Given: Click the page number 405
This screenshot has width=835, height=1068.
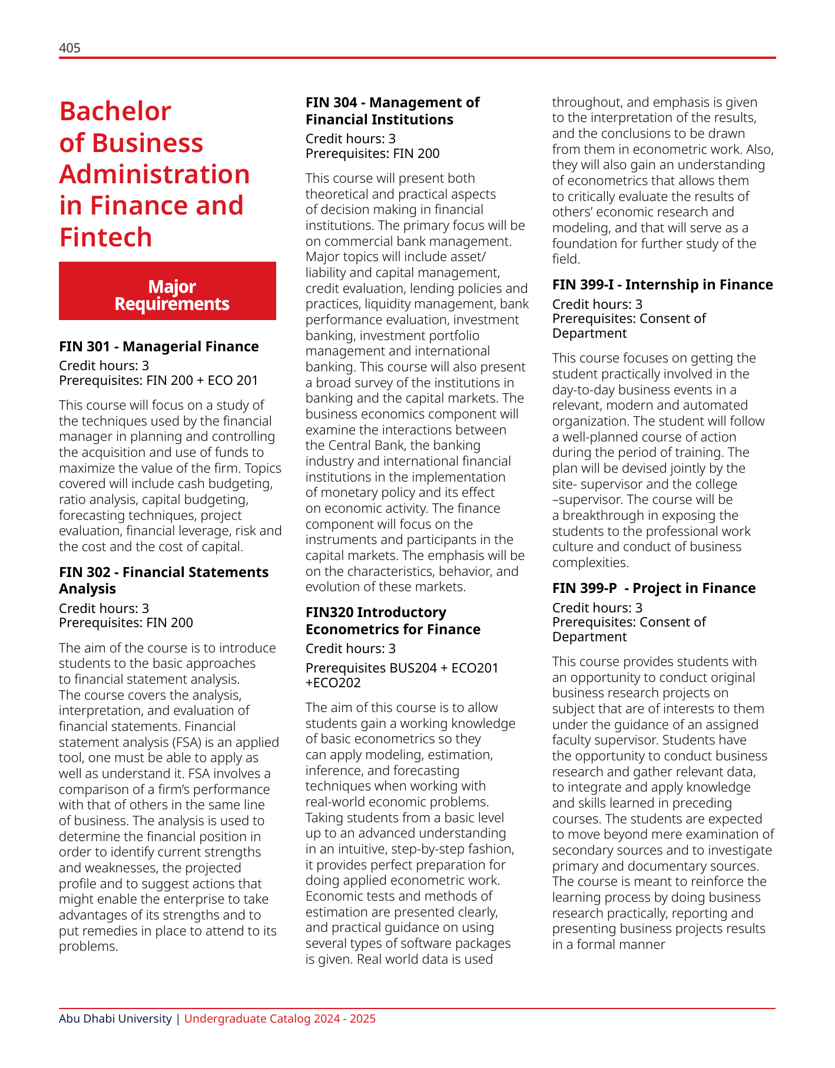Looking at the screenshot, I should [69, 48].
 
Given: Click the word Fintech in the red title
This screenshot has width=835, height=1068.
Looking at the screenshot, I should [106, 237].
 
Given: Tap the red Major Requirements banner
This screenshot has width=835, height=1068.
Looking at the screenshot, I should [167, 291].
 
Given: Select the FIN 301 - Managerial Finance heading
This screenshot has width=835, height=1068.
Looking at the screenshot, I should [159, 347].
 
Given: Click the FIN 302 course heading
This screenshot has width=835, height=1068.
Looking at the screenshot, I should [164, 580].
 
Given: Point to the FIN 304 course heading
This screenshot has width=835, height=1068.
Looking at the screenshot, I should [392, 111].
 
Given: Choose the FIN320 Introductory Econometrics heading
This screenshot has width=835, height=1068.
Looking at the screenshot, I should [393, 621].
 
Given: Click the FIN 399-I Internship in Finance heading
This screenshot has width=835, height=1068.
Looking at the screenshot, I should [662, 285].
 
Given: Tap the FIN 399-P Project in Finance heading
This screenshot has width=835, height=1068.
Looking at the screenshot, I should [654, 588].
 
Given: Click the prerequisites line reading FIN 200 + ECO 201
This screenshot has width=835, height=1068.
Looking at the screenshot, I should [159, 380].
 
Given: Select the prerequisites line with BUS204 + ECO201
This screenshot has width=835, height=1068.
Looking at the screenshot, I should [402, 675].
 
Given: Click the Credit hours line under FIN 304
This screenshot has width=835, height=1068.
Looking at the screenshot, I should [350, 139].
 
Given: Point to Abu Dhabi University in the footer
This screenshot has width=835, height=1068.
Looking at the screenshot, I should [115, 1018].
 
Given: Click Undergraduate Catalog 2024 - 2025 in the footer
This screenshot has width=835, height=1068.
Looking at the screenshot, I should [280, 1018].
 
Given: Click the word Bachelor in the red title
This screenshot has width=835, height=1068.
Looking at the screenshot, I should [115, 111].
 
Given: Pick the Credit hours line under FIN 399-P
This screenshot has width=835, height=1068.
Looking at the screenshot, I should [597, 608].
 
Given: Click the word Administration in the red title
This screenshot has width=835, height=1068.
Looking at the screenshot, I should [155, 174].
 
